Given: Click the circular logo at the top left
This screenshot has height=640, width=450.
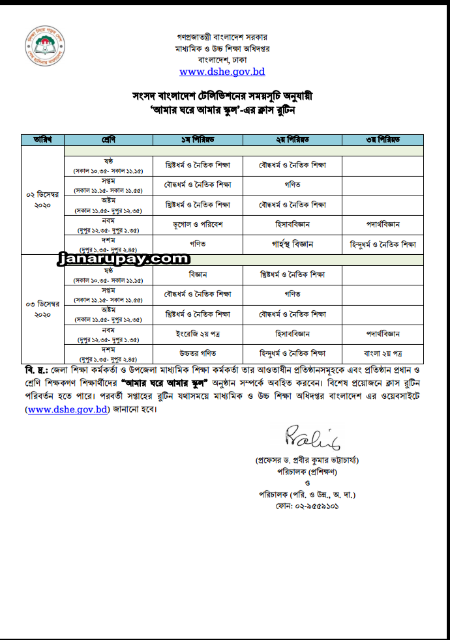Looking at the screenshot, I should tap(46, 49).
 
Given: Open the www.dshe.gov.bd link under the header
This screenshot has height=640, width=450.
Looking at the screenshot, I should tap(222, 72).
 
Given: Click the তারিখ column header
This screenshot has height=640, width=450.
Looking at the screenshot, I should tap(43, 140).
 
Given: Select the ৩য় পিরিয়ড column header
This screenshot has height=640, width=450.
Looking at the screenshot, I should tap(382, 140).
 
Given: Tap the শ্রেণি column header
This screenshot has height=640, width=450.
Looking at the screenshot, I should tap(108, 140).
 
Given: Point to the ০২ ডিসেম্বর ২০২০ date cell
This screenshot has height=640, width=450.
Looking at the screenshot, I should tap(43, 200).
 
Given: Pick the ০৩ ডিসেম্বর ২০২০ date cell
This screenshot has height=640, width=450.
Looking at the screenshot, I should tap(43, 309).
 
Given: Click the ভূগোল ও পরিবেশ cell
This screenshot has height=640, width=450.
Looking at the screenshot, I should tap(198, 224).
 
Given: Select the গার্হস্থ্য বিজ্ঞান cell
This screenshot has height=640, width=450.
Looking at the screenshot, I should tap(292, 244).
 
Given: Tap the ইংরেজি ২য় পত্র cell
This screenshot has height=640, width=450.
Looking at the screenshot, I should tap(198, 333).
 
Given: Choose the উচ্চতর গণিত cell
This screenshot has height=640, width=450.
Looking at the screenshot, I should tap(198, 353).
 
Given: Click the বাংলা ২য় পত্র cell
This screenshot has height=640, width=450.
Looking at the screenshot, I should tap(382, 353).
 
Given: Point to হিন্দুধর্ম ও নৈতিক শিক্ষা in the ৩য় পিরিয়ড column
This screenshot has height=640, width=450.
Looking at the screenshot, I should tap(382, 244).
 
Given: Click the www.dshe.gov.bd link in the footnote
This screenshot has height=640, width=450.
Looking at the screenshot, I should tap(67, 410).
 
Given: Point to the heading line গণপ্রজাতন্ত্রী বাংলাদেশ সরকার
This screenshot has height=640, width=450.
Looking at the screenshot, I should tap(222, 37).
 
